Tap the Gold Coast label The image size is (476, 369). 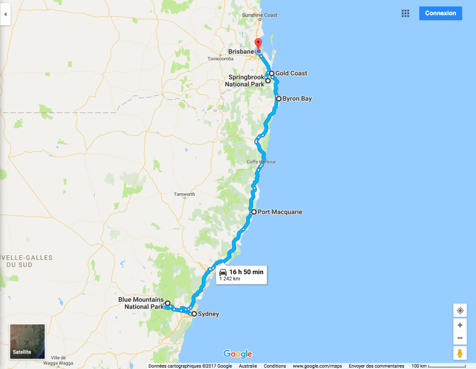[290, 73]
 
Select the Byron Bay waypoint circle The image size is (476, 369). [278, 99]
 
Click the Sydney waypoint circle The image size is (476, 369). [193, 314]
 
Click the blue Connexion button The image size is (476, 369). [440, 13]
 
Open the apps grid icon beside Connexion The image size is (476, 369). [406, 13]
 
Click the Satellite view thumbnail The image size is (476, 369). [27, 341]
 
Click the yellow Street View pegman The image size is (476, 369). [460, 353]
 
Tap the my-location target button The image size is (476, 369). [460, 311]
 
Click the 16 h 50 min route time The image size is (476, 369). [246, 272]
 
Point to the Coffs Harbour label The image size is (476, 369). [261, 162]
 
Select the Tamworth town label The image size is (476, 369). [184, 195]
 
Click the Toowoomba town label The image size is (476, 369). [220, 59]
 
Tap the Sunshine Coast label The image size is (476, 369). [259, 15]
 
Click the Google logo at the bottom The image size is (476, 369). [237, 353]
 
